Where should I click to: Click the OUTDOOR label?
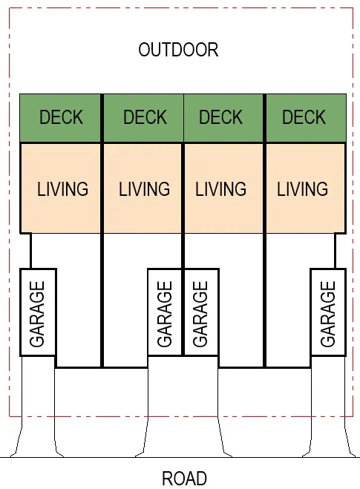tap(178, 50)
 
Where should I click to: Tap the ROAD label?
tap(184, 479)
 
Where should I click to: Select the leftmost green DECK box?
tap(60, 118)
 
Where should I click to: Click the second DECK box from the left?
tap(143, 118)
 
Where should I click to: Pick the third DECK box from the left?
tap(223, 118)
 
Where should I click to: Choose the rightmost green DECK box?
tap(306, 118)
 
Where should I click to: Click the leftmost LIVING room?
tap(61, 188)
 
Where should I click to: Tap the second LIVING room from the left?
tap(143, 188)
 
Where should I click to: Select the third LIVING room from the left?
tap(224, 188)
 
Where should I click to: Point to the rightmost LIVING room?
tap(306, 188)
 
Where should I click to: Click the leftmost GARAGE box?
tap(38, 312)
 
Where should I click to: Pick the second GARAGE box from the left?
tap(165, 312)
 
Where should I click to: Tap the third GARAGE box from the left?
tap(201, 312)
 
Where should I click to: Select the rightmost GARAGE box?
tap(329, 312)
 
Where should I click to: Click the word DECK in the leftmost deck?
tap(61, 117)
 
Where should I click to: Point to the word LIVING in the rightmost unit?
tap(303, 189)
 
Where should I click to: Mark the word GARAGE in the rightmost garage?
tap(328, 314)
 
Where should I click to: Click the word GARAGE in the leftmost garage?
tap(37, 314)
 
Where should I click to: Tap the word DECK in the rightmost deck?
tap(304, 117)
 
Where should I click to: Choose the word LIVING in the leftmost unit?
tap(62, 189)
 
